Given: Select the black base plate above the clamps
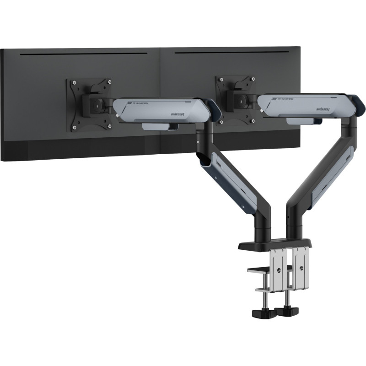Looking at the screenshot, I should coord(274,245).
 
